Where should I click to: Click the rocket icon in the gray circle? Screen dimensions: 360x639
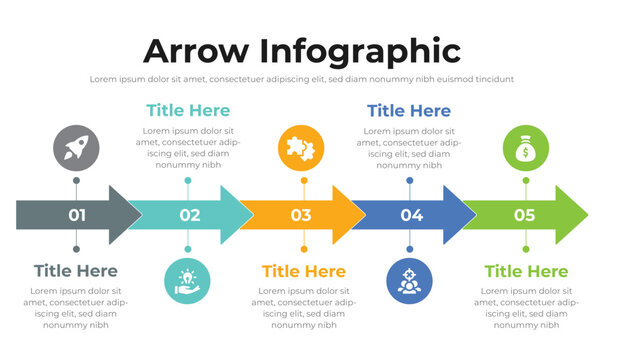[76, 149]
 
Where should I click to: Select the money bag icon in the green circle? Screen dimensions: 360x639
[525, 149]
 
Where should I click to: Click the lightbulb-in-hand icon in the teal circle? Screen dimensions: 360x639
[187, 281]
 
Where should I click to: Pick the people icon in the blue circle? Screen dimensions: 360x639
[409, 281]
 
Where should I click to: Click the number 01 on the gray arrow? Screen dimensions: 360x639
[77, 215]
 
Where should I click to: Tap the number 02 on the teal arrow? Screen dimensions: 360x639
[189, 215]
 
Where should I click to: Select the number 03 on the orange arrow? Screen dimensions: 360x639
[301, 215]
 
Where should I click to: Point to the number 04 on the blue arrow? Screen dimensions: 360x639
[411, 215]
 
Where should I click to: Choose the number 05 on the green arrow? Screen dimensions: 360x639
[524, 215]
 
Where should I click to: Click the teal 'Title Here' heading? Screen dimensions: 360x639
[187, 111]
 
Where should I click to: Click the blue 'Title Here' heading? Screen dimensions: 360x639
[408, 111]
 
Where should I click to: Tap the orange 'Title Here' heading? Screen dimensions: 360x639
[303, 271]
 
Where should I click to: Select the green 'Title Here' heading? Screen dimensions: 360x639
[526, 271]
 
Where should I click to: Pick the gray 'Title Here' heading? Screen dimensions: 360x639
[75, 271]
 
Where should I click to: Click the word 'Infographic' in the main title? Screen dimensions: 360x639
[363, 51]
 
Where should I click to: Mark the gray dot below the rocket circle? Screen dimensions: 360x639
[76, 181]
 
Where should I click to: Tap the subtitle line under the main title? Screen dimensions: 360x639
[301, 79]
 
